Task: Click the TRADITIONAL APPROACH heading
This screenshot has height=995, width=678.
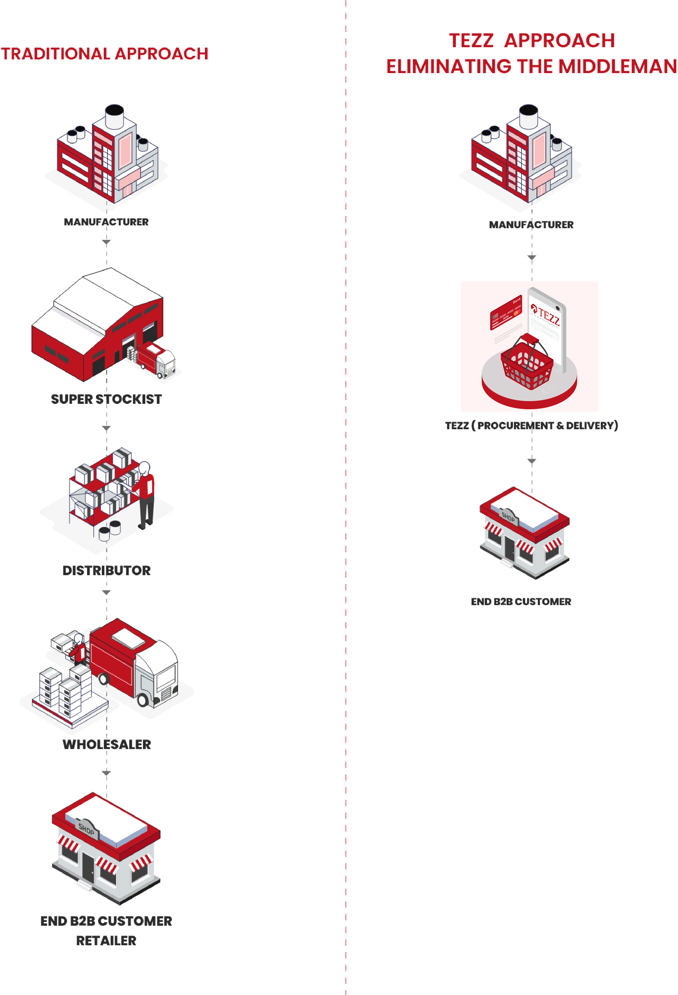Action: [104, 54]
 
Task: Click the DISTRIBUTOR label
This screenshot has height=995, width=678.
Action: [107, 570]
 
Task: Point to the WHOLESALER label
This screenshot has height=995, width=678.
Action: [107, 744]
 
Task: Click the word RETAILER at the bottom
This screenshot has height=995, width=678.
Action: [106, 941]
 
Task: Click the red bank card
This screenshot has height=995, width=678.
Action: [506, 312]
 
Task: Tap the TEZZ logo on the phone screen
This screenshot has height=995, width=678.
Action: [546, 316]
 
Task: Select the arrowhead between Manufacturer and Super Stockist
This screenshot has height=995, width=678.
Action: [106, 242]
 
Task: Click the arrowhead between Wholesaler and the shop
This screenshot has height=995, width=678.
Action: [106, 773]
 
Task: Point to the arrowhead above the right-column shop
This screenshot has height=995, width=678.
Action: [531, 461]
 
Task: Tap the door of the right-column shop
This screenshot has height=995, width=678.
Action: [509, 548]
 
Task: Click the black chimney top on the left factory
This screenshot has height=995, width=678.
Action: [114, 110]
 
